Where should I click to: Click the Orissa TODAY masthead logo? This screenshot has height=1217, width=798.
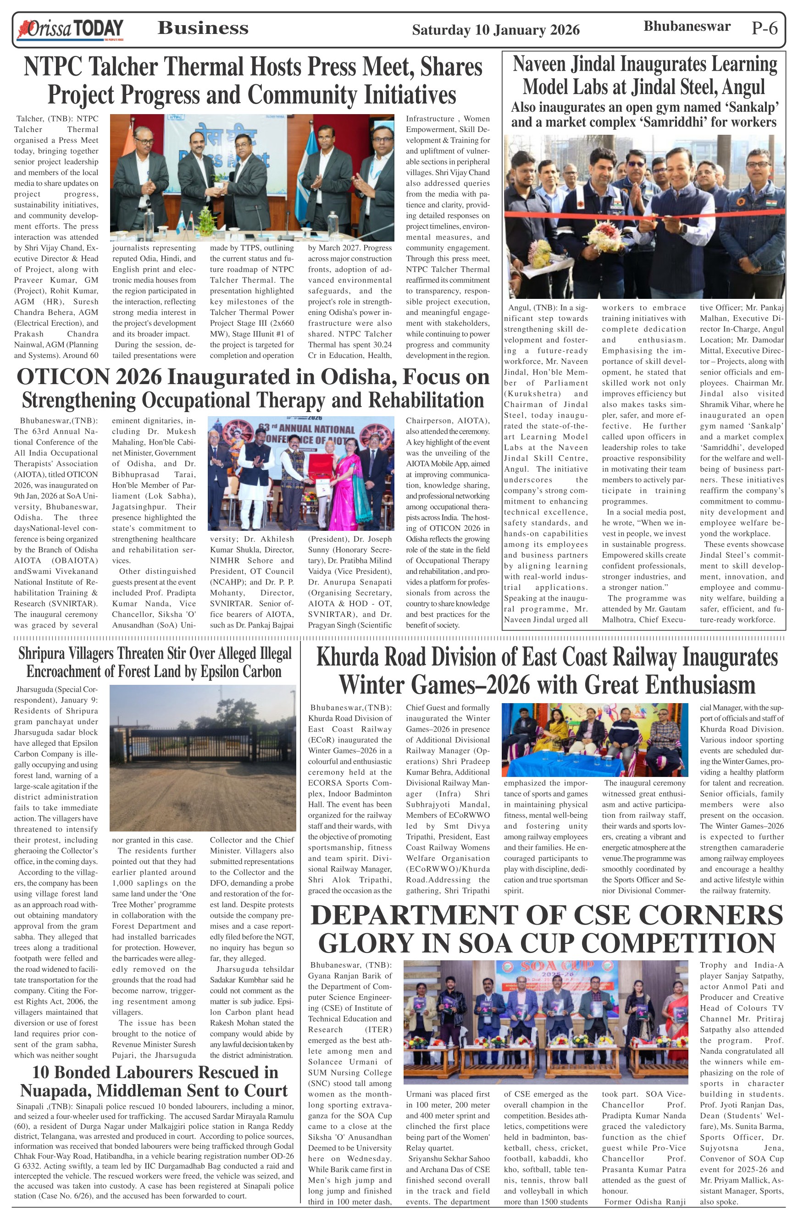point(70,30)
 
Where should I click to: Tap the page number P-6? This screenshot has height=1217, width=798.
point(764,28)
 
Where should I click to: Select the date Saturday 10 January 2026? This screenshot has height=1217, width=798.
point(495,30)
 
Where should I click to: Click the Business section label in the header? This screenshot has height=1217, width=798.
point(203,28)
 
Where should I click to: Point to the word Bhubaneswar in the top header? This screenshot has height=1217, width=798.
point(687,26)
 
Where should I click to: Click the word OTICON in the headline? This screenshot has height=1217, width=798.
point(63,377)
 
